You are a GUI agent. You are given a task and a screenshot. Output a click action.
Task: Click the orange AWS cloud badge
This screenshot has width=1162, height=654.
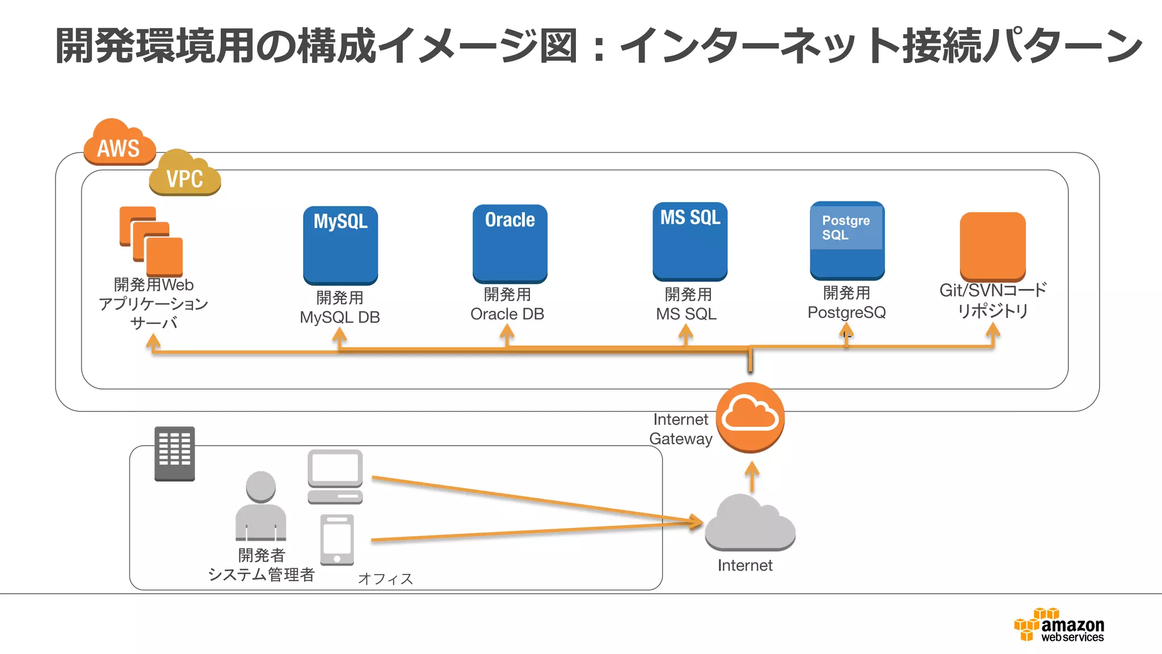[x=119, y=143]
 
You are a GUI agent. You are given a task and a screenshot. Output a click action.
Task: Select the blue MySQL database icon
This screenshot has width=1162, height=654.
[x=340, y=245]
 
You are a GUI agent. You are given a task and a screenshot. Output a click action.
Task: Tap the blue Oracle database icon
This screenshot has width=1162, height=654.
[x=510, y=244]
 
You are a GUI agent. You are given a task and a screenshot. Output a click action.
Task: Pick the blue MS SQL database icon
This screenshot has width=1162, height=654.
[x=689, y=241]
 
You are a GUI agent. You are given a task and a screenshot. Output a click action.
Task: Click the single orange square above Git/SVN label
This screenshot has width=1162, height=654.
[x=992, y=245]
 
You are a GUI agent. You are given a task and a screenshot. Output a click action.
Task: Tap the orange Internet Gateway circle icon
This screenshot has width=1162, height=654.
[x=750, y=417]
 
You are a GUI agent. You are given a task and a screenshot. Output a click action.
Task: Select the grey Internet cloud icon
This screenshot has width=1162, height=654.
[x=750, y=524]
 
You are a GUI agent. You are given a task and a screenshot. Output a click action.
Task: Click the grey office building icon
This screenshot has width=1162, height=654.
[x=174, y=453]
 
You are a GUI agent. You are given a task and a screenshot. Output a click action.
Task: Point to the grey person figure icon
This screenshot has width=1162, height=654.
[x=260, y=506]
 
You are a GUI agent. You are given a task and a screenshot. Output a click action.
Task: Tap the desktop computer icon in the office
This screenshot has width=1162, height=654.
[x=335, y=476]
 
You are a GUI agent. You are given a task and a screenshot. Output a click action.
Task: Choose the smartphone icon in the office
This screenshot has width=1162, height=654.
[x=337, y=539]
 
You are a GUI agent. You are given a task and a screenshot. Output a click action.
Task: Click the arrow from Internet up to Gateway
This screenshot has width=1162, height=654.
[x=752, y=476]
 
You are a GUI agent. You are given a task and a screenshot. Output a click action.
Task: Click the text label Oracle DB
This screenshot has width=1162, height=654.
[x=507, y=314]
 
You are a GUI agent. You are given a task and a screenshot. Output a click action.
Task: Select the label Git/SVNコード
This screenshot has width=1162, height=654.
[x=992, y=290]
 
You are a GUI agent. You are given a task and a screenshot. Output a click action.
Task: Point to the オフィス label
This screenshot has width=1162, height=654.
[x=385, y=578]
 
